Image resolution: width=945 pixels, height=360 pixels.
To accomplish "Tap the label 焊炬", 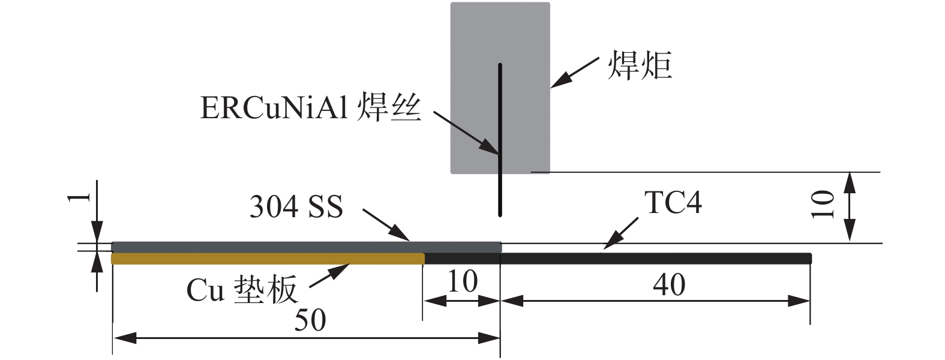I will (x=640, y=66).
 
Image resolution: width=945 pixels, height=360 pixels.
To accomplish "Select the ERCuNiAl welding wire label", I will (x=311, y=109).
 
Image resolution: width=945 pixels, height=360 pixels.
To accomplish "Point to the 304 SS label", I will (x=296, y=208).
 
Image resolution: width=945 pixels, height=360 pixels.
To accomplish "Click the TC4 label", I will (x=673, y=203).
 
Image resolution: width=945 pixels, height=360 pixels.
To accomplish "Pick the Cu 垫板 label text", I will (x=242, y=290).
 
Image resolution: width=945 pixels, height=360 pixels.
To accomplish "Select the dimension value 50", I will (x=310, y=320).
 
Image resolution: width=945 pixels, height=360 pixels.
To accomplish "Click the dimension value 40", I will (x=669, y=284).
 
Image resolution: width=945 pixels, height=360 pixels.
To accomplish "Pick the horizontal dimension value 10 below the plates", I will (x=462, y=281).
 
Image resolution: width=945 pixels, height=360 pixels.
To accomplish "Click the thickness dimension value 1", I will (x=84, y=197).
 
